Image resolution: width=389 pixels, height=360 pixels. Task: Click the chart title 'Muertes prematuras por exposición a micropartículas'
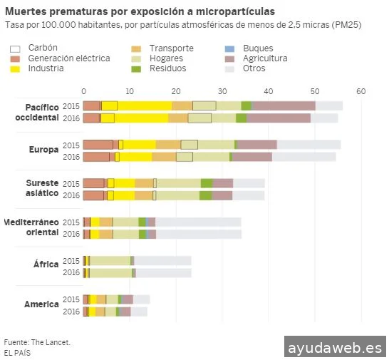[x=140, y=12]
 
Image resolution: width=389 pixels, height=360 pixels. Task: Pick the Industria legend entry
[x=46, y=68]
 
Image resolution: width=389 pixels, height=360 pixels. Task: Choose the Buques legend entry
[x=257, y=47]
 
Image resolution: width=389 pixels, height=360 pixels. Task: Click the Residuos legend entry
[x=167, y=68]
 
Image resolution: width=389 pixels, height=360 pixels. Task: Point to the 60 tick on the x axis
[x=361, y=91]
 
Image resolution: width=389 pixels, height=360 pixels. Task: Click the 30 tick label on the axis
[x=222, y=91]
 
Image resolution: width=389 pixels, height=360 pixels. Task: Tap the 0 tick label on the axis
[x=83, y=91]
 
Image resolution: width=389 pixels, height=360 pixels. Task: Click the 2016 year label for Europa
[x=71, y=157]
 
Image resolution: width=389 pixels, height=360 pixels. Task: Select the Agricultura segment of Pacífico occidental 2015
[x=284, y=106]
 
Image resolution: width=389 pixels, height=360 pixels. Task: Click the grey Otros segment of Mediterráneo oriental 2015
[x=198, y=222]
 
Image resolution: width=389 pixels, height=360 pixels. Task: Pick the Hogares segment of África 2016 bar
[x=110, y=272]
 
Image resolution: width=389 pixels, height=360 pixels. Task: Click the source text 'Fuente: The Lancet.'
[x=37, y=342]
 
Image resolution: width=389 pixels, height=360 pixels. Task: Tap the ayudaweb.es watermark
[x=334, y=347]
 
